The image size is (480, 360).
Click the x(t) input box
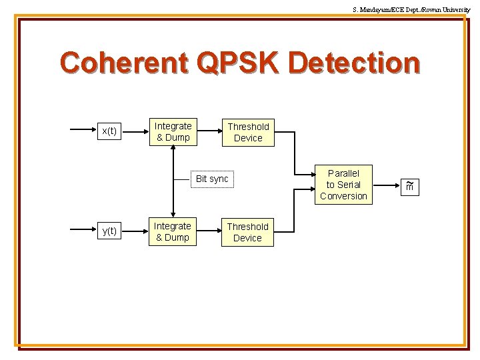[108, 131]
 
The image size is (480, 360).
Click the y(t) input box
[108, 231]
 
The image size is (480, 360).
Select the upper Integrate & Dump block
[173, 131]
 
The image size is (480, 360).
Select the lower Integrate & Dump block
[173, 231]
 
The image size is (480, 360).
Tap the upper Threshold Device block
[248, 132]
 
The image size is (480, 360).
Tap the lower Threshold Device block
[247, 232]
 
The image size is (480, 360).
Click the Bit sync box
[212, 179]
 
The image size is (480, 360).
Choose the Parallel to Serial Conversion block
[343, 185]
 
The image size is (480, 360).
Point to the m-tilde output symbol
[410, 187]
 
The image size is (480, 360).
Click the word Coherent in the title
[123, 63]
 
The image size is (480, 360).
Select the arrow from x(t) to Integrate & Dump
[135, 131]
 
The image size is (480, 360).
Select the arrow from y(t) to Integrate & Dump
[135, 231]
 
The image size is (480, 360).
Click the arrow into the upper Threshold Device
[209, 131]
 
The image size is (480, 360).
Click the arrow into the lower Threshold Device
[209, 231]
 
